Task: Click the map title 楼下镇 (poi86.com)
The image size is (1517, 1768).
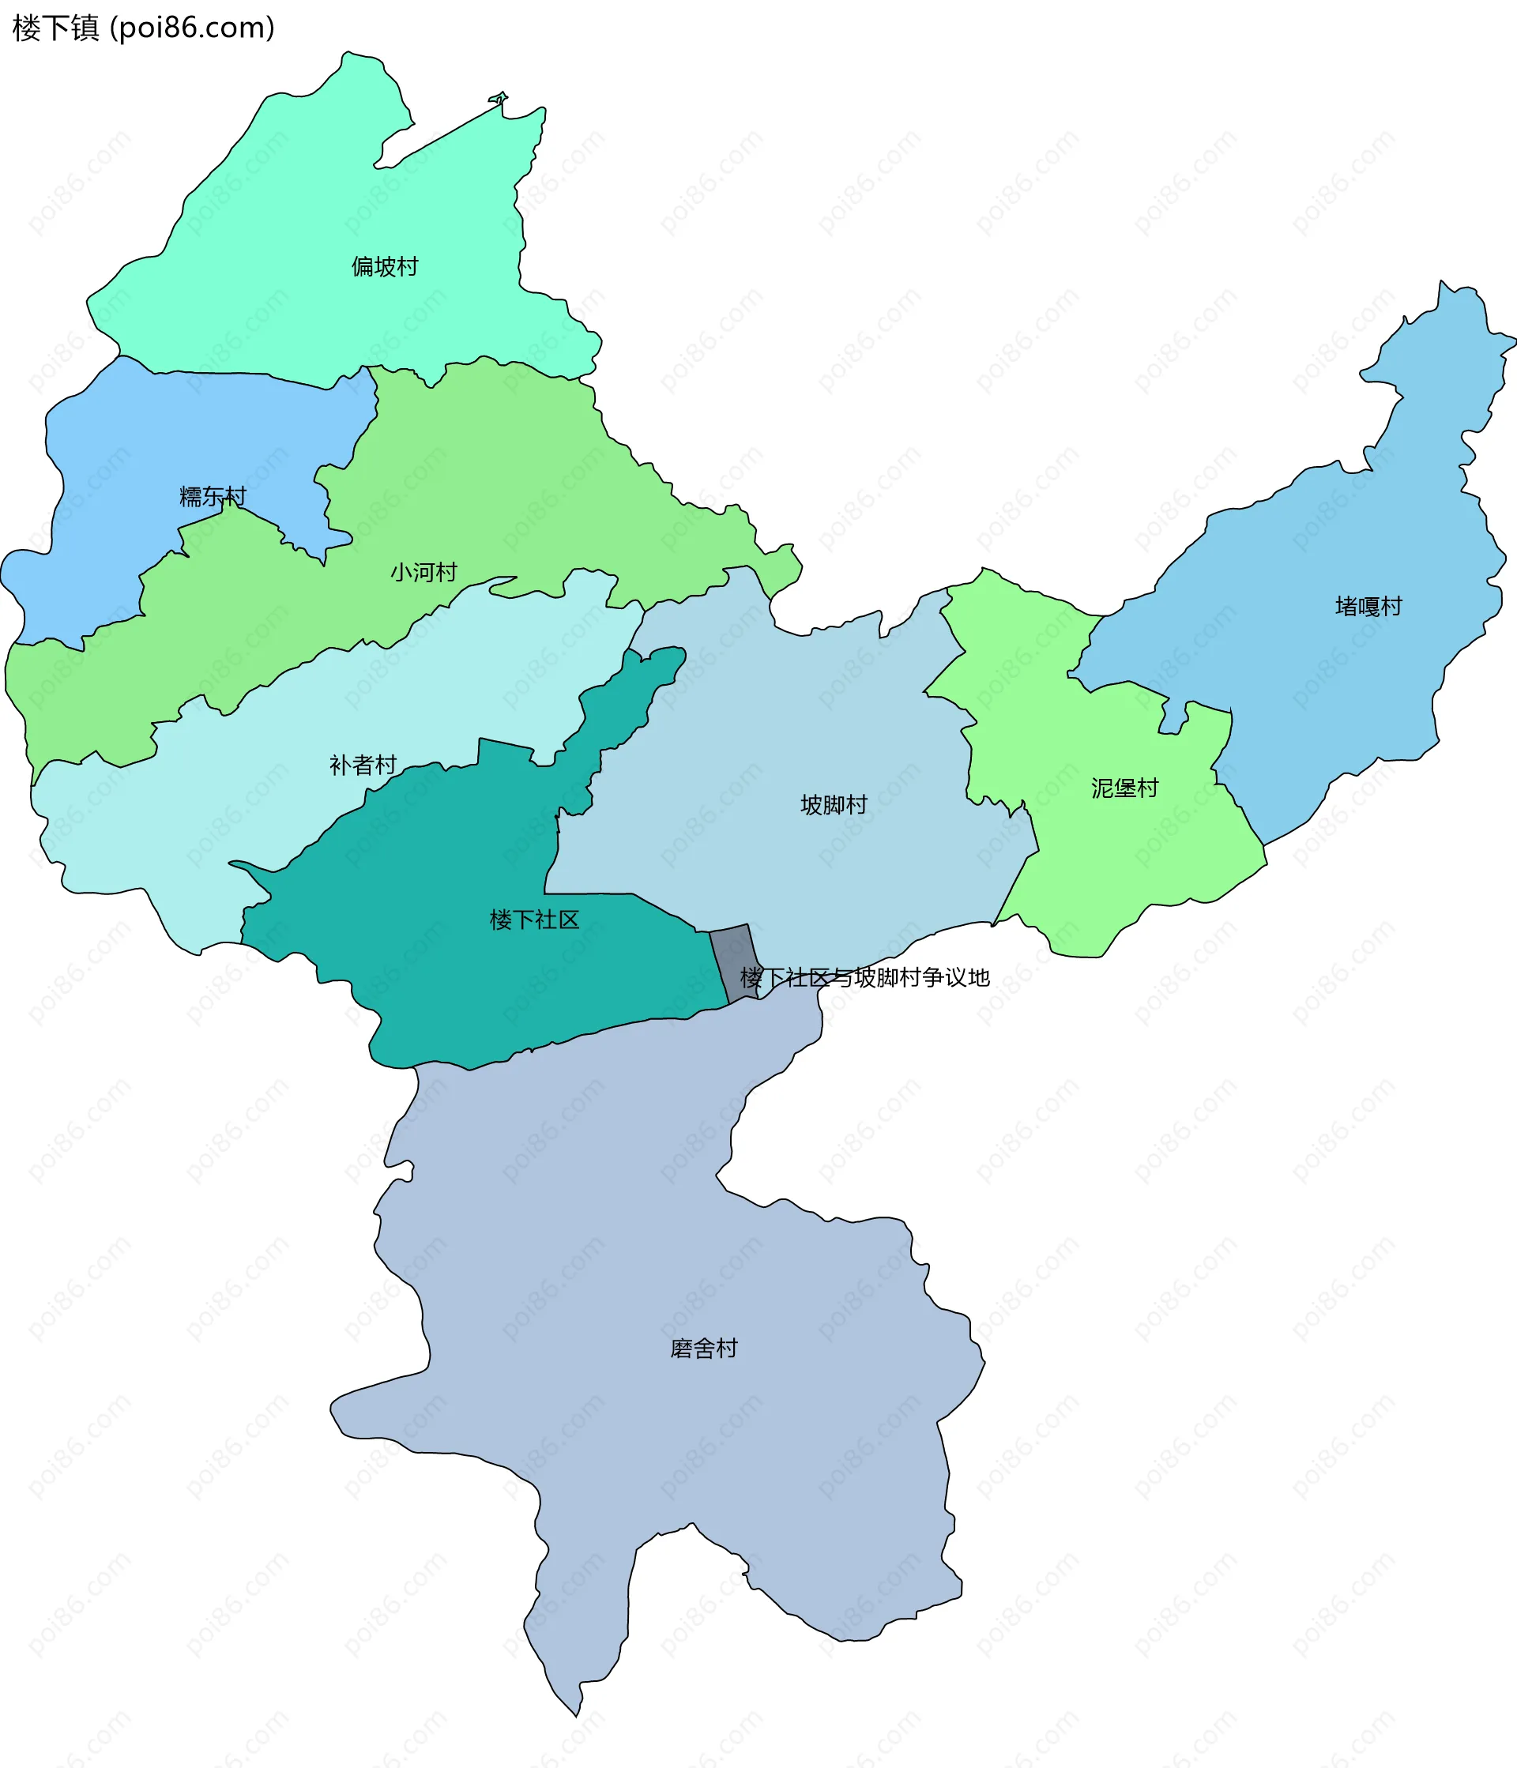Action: (143, 28)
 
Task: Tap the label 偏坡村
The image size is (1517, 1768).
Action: (385, 267)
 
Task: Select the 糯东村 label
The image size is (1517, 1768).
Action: (213, 496)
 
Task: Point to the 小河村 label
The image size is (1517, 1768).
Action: (424, 572)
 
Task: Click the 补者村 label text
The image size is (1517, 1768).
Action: (363, 765)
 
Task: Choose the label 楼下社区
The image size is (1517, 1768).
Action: (534, 920)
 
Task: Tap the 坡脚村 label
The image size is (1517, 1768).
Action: (834, 805)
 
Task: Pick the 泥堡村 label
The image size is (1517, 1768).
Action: (1124, 788)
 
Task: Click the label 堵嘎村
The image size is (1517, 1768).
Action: (1368, 607)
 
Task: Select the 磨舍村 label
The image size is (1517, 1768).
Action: (704, 1349)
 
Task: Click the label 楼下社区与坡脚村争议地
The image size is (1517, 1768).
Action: (864, 978)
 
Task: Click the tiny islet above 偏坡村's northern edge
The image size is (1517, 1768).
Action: (499, 98)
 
